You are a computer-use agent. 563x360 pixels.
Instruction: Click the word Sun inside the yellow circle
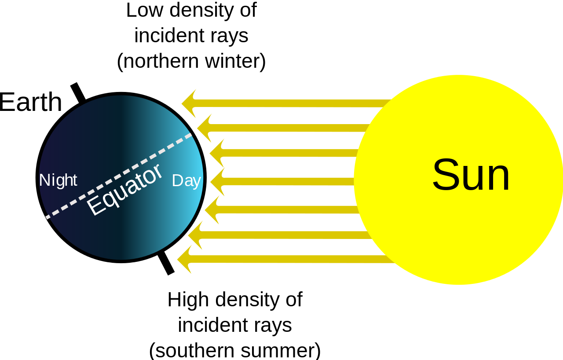[x=471, y=175]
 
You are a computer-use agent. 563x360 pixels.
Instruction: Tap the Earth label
[x=30, y=102]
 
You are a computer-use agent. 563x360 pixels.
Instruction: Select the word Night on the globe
[x=58, y=180]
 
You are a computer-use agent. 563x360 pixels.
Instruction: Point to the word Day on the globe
[x=186, y=181]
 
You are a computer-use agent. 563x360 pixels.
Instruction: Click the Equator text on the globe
[x=124, y=189]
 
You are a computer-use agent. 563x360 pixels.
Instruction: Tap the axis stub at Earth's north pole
[x=78, y=92]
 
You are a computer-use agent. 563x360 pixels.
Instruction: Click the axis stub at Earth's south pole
[x=166, y=264]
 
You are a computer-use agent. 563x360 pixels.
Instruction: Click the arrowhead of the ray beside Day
[x=217, y=181]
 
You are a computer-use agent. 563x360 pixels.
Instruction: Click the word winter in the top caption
[x=235, y=61]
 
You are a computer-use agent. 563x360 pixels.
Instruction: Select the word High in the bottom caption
[x=188, y=300]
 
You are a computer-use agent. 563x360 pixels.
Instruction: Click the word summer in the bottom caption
[x=281, y=350]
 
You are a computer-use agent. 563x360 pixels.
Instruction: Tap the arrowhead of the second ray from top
[x=204, y=128]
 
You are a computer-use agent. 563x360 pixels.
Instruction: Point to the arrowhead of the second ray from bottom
[x=195, y=235]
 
